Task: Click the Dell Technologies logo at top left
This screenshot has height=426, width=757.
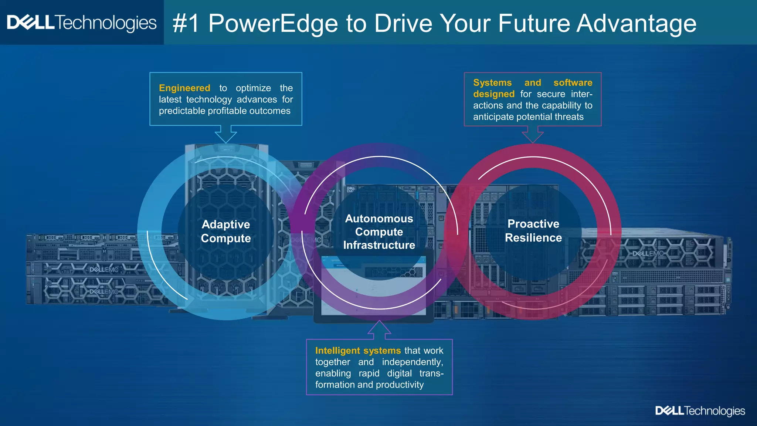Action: pos(82,23)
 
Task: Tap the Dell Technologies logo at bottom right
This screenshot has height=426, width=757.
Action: pos(700,411)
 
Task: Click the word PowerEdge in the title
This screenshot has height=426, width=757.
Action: pos(273,24)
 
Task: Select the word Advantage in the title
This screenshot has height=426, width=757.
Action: pos(636,24)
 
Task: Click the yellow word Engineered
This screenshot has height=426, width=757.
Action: pos(184,88)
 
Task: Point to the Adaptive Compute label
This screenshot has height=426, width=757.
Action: pos(226,231)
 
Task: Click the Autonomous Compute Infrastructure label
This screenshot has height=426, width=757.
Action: pos(379,232)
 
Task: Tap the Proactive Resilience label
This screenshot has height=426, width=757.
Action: pos(533,230)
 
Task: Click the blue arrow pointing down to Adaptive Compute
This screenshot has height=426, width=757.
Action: pos(226,134)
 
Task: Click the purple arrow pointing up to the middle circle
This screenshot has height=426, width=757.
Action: pos(379,330)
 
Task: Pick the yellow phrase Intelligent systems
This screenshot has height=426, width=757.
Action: pos(358,351)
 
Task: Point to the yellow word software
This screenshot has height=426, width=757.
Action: pos(573,82)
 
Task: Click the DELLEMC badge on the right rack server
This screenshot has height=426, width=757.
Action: pos(648,254)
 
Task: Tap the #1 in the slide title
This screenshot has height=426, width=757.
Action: pos(186,24)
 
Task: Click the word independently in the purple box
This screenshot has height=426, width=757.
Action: pos(412,362)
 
